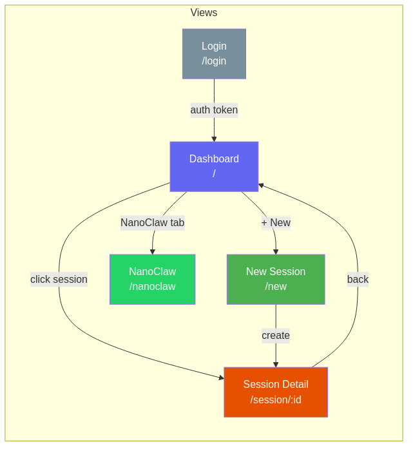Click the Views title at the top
pos(204,13)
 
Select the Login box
pos(214,53)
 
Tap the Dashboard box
pos(214,166)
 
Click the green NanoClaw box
pos(152,279)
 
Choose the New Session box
pos(276,279)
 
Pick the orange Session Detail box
pos(276,392)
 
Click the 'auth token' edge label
pos(214,110)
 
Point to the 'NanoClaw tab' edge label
pos(153,223)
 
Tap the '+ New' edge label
pos(276,223)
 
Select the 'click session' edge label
pos(59,279)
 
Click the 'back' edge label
pos(358,279)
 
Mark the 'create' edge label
pos(276,336)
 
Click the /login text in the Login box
pos(214,61)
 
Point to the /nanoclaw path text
pos(152,287)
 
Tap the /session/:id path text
pos(276,399)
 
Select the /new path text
pos(276,287)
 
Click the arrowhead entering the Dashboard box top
pos(214,139)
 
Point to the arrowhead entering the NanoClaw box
pos(153,252)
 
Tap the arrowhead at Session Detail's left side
pos(221,378)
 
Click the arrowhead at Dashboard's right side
pos(261,186)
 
